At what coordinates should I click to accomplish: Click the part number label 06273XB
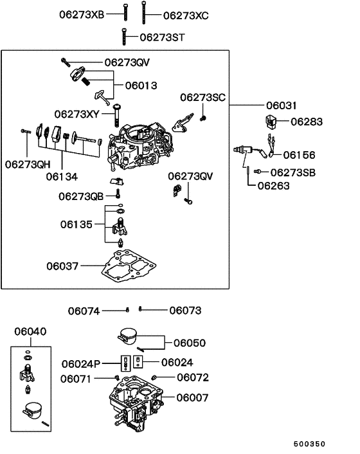[81, 14]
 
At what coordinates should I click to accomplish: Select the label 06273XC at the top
[186, 14]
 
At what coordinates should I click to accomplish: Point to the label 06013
[141, 85]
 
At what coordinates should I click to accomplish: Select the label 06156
[299, 155]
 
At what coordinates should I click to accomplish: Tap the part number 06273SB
[293, 172]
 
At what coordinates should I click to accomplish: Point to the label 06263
[273, 186]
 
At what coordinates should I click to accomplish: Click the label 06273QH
[28, 164]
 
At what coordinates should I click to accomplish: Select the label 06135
[76, 224]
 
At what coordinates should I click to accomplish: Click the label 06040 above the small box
[30, 331]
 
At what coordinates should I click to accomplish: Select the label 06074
[84, 311]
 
